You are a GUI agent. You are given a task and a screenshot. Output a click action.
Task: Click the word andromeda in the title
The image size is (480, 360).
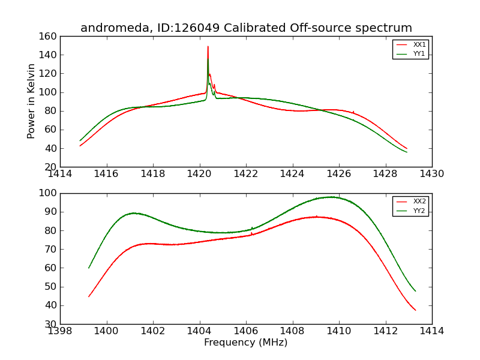point(109,28)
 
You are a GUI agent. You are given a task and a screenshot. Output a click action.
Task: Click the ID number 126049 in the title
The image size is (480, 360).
point(181,28)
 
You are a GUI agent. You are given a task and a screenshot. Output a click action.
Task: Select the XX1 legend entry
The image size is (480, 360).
point(419,45)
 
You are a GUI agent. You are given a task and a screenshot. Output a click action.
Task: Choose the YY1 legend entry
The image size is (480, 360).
point(419,53)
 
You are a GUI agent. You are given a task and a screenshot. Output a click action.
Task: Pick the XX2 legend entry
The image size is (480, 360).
point(419,202)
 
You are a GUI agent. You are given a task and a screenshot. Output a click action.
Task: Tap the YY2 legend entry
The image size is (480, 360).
point(419,211)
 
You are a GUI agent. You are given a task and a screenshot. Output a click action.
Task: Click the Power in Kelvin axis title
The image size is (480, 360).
point(32,101)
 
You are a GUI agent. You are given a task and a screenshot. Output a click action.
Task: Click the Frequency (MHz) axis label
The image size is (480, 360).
point(246,343)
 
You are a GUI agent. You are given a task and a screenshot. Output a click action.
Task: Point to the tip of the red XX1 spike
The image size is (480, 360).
point(208,46)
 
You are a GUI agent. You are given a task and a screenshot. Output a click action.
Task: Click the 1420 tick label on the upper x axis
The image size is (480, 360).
point(200,175)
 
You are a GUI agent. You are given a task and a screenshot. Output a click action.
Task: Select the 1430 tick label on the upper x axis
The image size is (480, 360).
point(432,175)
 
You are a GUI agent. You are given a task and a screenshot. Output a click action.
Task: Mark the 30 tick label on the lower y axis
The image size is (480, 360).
point(52,324)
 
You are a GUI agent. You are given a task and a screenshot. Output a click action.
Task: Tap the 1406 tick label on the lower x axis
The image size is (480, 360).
point(246,332)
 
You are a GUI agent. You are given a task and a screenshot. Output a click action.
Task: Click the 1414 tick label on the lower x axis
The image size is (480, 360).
point(432,332)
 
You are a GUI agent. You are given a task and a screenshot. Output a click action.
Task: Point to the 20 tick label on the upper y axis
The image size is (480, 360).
point(52,167)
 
